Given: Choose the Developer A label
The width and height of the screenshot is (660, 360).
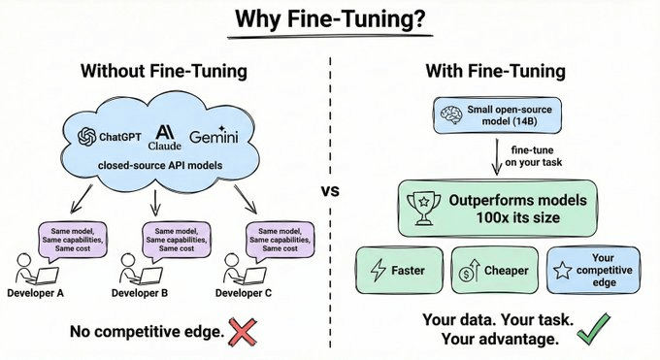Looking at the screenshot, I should click(39, 293).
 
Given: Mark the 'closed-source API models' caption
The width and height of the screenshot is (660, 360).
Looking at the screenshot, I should click(160, 167).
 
